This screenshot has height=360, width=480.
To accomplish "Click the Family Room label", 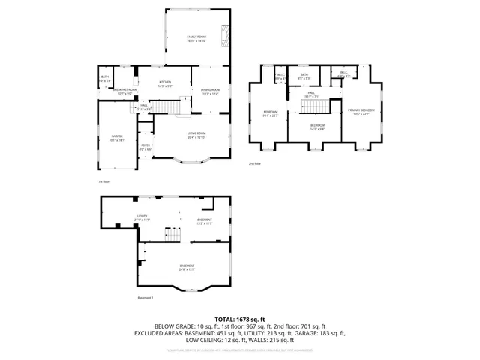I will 196,38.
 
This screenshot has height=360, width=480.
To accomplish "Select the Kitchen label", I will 165,83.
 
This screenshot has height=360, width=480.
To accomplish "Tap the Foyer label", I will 145,147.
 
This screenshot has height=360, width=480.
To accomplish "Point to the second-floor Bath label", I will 304,76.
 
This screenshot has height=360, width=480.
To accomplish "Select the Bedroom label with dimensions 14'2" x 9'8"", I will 318,126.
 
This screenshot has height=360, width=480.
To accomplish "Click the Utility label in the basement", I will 141,217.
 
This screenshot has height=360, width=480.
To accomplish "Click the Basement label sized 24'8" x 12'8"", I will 187,267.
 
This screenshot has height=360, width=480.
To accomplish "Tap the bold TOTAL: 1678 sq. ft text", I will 239,319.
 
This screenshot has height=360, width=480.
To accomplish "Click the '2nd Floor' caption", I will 256,163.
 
